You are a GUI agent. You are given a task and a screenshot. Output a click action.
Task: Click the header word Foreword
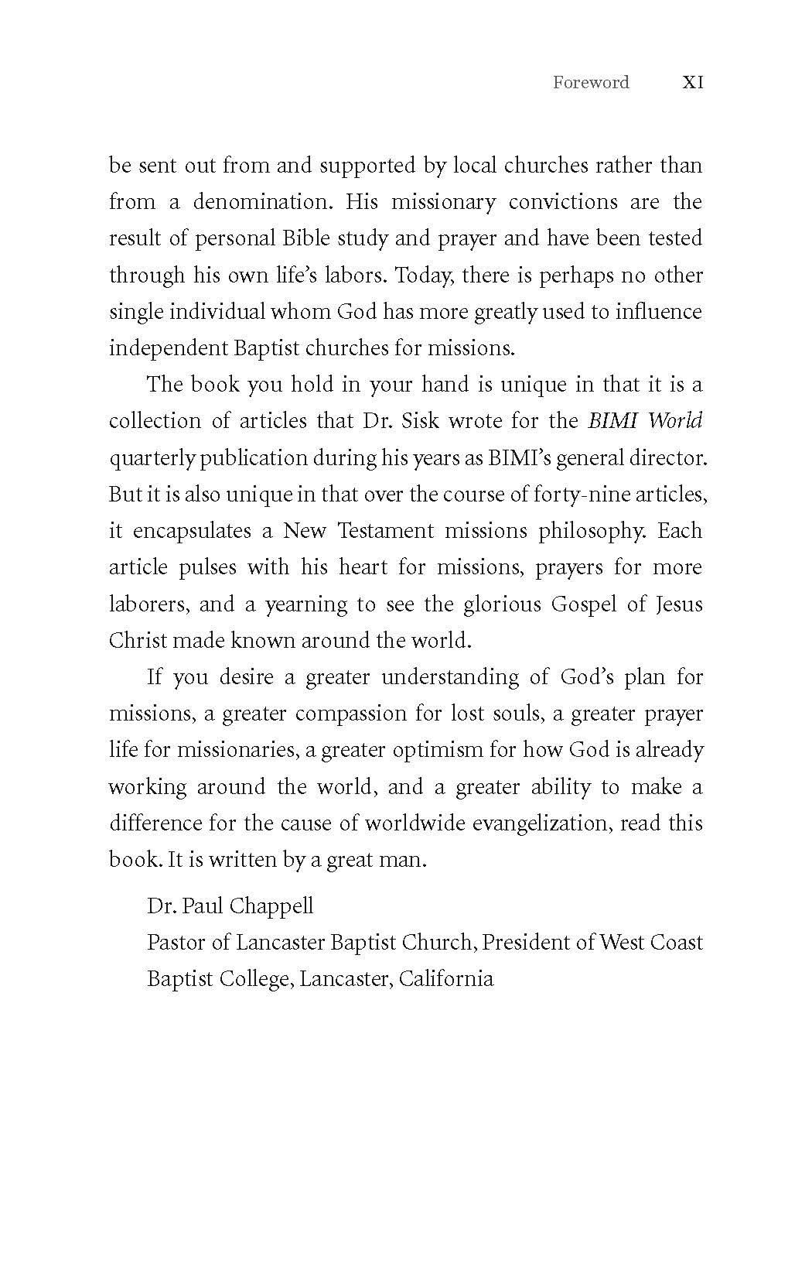pos(591,83)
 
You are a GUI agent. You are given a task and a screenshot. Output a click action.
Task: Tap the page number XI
pos(693,83)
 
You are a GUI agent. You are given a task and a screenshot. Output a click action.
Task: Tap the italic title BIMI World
pos(645,421)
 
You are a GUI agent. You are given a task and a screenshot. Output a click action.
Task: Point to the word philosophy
pos(597,531)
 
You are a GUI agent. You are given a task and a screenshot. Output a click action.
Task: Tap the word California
pos(446,979)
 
